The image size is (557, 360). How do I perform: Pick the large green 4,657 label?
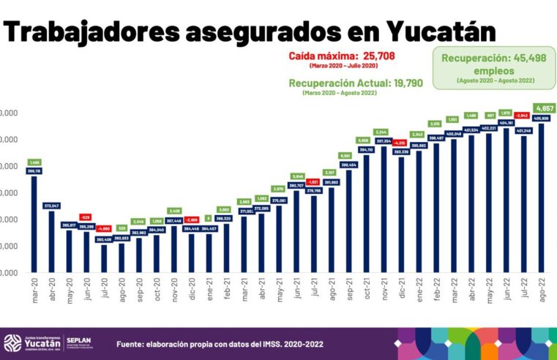point(542,108)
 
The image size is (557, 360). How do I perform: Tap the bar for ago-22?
point(542,198)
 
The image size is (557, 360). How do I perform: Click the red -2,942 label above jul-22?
point(523,115)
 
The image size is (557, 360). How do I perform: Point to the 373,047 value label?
point(51,206)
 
